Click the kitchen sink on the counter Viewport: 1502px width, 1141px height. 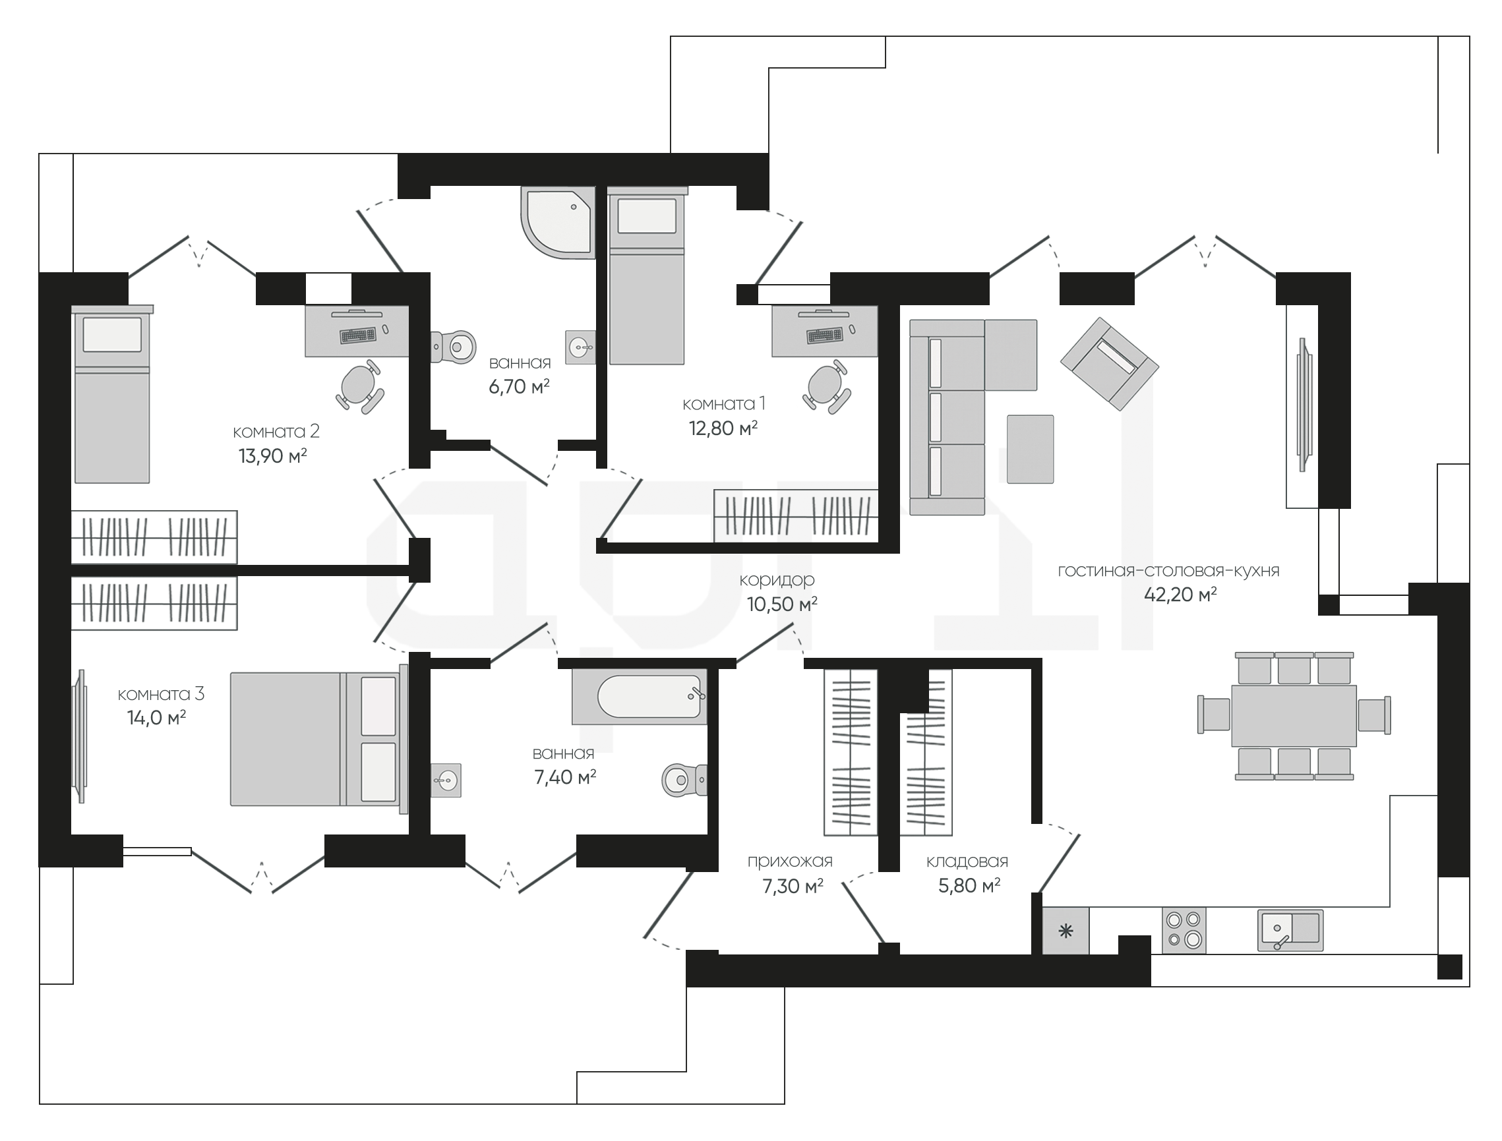[1290, 930]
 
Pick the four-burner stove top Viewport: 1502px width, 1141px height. [1184, 930]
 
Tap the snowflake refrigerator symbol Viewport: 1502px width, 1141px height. [1066, 931]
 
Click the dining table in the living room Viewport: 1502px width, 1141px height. [1294, 715]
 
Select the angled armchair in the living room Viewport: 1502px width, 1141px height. [1109, 363]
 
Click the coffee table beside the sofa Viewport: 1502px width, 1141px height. [1030, 449]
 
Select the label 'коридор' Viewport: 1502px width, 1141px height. [777, 580]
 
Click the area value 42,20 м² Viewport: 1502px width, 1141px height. [1180, 595]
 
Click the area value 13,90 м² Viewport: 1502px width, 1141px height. [272, 455]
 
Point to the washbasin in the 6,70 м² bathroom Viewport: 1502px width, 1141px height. [580, 347]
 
